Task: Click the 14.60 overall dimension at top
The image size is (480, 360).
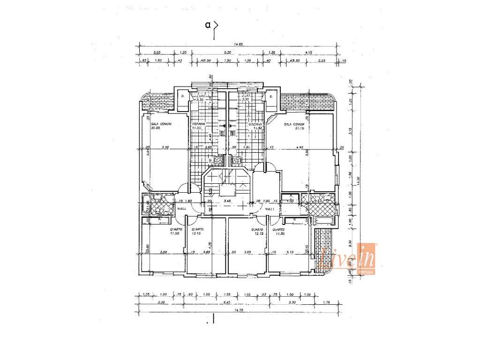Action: tap(238, 44)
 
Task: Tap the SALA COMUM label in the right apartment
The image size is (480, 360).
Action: tap(293, 125)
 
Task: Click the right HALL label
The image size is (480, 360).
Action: tap(269, 209)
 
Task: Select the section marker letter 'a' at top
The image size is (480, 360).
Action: tap(207, 25)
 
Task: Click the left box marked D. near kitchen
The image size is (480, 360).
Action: tap(182, 97)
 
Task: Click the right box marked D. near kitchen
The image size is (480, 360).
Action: tap(271, 97)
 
